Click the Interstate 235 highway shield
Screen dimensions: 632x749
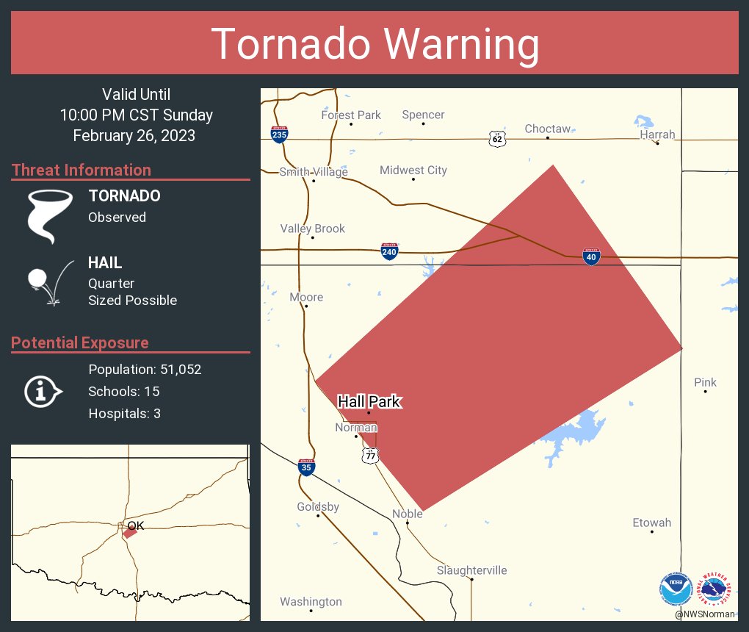(x=279, y=134)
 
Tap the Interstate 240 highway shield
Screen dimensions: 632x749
(x=390, y=252)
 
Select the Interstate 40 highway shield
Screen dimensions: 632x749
(x=592, y=256)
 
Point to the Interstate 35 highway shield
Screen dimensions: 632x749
(x=307, y=467)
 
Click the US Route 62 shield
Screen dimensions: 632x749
(x=497, y=138)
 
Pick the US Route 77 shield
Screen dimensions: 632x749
(x=371, y=456)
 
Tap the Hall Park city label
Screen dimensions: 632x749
(x=369, y=401)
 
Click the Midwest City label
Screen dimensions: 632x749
(x=413, y=170)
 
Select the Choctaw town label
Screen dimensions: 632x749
(x=547, y=129)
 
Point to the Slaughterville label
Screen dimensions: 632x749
(x=471, y=570)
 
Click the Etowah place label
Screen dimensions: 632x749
(x=651, y=523)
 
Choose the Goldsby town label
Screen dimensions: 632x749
(x=318, y=507)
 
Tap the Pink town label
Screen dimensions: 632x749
(x=705, y=382)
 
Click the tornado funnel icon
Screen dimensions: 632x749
(x=49, y=215)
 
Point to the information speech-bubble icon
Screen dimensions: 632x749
(x=43, y=392)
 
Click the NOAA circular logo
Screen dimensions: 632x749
(x=676, y=589)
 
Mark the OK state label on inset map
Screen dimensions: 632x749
(x=136, y=526)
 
